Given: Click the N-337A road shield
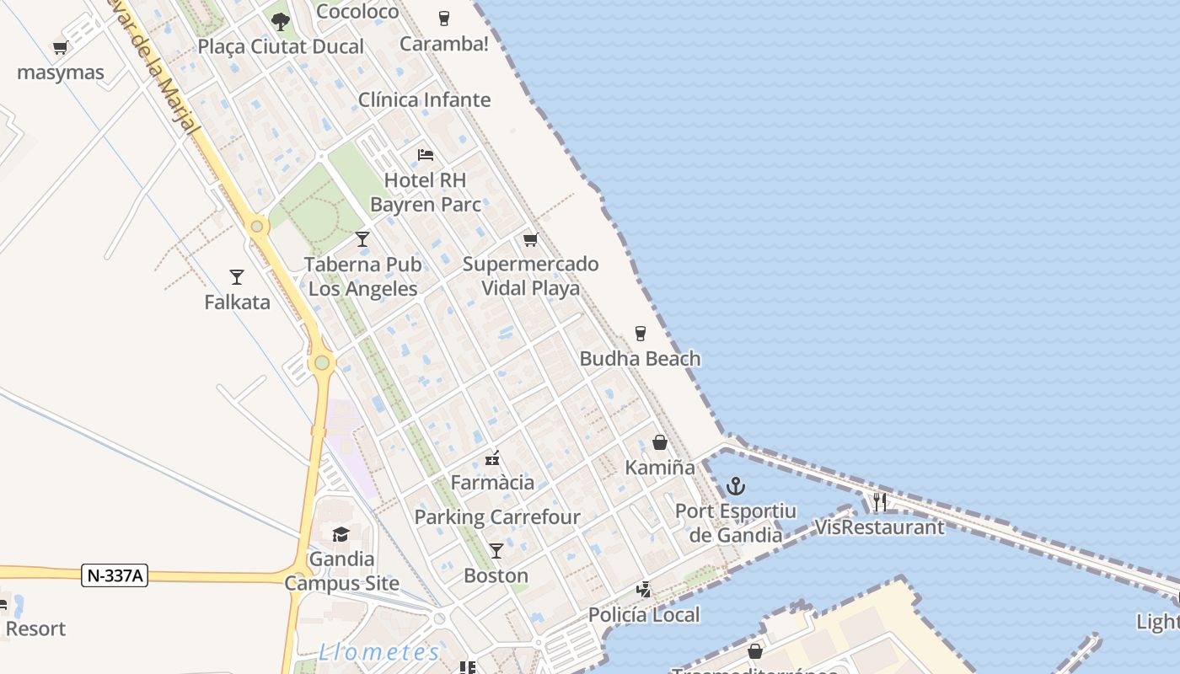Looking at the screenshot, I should pos(115,576).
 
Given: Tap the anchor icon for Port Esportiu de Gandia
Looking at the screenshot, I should pos(736,486).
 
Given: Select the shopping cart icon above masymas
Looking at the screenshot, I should pos(60,48).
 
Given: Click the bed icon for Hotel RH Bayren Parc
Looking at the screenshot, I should pos(426,155).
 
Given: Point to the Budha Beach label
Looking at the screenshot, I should pos(640,359).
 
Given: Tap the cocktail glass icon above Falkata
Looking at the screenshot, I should pos(237,276).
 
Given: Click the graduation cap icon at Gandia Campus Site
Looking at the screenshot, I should pos(341,534).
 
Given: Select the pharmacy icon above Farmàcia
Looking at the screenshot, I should pos(492,458).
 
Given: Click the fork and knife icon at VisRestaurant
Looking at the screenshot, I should pos(879,502).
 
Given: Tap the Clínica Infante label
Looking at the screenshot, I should pos(424,99).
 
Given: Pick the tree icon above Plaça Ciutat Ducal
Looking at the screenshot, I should pos(281,21).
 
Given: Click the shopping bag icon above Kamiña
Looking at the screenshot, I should pos(660,442).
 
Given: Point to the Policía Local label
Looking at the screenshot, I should pos(644,615).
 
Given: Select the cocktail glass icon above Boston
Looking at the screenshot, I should pos(496,551).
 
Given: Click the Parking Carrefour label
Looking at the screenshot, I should pos(497,517).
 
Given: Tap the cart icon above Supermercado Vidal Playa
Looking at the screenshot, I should pos(530,240).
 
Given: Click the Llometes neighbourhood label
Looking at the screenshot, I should pos(379,652).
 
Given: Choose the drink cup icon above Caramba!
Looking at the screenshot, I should pos(444,18).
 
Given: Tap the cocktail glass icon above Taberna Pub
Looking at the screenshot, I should pos(362,239).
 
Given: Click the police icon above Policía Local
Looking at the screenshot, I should pos(644,590).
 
